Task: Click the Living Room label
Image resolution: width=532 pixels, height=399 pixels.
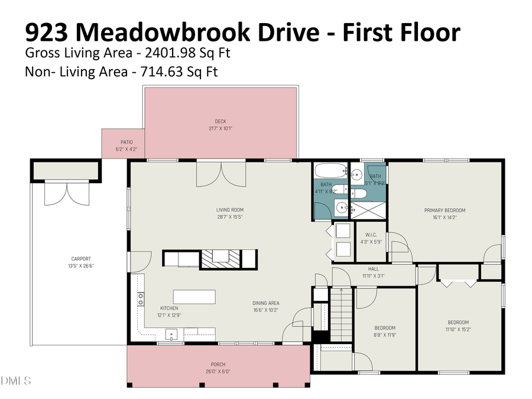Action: pos(229,210)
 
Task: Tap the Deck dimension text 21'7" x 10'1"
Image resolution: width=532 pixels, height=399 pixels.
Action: pos(220,128)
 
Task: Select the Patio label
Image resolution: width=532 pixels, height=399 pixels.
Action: pos(126,142)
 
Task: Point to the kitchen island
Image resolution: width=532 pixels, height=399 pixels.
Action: pos(194,296)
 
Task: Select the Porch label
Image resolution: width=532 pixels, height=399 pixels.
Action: pos(218,364)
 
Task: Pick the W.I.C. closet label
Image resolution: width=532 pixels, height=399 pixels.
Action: pos(371,235)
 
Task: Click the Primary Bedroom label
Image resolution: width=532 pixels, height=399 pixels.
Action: pos(445,210)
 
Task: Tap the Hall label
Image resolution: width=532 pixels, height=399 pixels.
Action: pos(373,268)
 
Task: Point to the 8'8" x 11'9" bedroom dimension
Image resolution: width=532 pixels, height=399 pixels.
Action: pos(385,335)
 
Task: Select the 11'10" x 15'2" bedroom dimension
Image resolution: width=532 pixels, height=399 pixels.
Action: pos(458,329)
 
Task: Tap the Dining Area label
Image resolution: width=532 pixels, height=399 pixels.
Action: pos(265,303)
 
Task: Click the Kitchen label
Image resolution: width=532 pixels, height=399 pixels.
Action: pos(169,308)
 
